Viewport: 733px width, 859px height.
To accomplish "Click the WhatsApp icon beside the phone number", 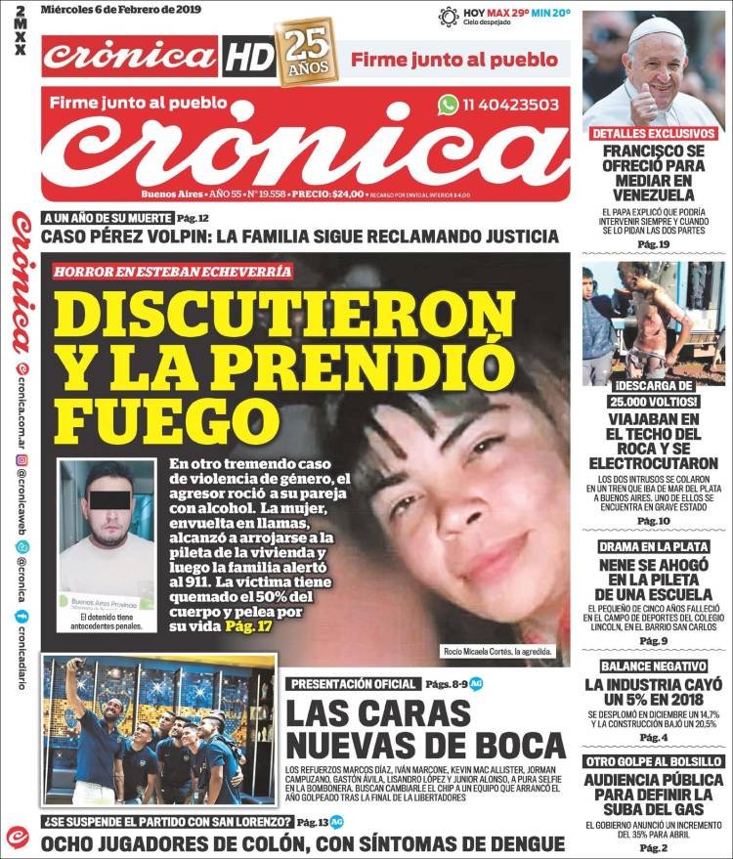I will [x=449, y=105].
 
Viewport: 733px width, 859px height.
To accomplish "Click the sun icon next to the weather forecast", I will [x=449, y=16].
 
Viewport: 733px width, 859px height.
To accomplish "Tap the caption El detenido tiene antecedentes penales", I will [x=106, y=622].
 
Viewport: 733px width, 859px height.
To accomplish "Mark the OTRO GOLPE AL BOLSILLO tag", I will [x=653, y=760].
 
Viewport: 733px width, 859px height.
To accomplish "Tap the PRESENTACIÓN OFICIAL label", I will [x=351, y=684].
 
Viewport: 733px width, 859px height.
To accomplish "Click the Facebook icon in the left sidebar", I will [x=21, y=617].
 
